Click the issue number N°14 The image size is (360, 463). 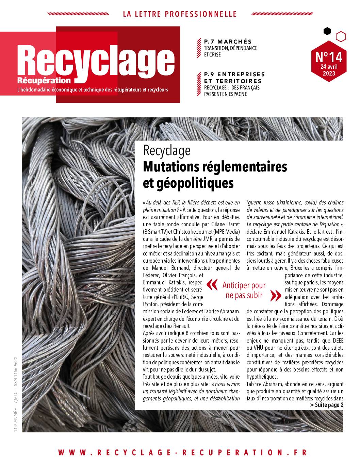click(x=329, y=57)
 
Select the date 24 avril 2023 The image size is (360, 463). click(x=329, y=70)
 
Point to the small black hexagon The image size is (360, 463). click(x=327, y=31)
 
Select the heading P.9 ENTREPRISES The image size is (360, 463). click(x=234, y=74)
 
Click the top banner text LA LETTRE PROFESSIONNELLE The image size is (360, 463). click(x=180, y=14)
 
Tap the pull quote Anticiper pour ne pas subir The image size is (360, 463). click(x=244, y=290)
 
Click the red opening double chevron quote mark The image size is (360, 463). click(x=212, y=285)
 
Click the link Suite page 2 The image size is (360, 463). click(x=327, y=405)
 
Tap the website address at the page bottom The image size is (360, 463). click(x=182, y=452)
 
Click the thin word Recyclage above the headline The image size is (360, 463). click(x=166, y=150)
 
